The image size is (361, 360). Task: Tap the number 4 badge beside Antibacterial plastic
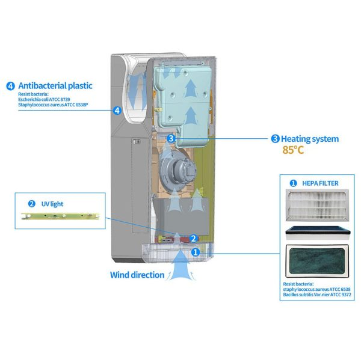point(10,85)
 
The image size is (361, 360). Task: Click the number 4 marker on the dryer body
point(117,110)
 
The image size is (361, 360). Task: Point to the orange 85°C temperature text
point(293,150)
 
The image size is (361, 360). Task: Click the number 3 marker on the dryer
point(171,138)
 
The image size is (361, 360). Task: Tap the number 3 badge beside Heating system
point(275,139)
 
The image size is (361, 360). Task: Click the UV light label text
point(52,204)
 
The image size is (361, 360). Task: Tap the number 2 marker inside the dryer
point(193,238)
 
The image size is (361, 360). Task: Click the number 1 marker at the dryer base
point(195,253)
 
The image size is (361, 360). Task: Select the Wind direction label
point(137,275)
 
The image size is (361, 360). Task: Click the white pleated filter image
point(317,207)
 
